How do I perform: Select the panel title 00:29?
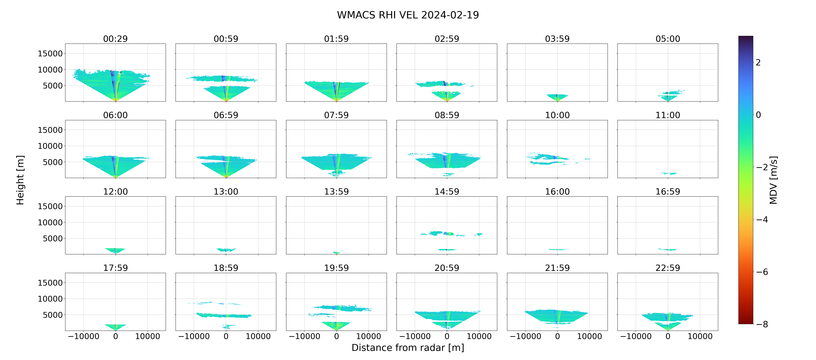(x=115, y=39)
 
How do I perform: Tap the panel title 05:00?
(x=668, y=39)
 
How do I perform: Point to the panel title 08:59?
(x=447, y=115)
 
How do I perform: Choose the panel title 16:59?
(x=668, y=191)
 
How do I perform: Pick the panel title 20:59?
(x=447, y=268)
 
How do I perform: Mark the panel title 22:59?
(x=668, y=268)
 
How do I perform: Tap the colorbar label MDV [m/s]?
(x=773, y=180)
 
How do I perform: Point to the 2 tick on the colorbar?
(x=758, y=62)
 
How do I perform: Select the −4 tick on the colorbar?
(x=762, y=219)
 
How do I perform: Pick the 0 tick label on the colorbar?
(x=758, y=115)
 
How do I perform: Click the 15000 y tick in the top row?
(x=50, y=54)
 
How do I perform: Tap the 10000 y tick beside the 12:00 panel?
(x=50, y=222)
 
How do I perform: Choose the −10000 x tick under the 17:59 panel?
(x=84, y=336)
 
